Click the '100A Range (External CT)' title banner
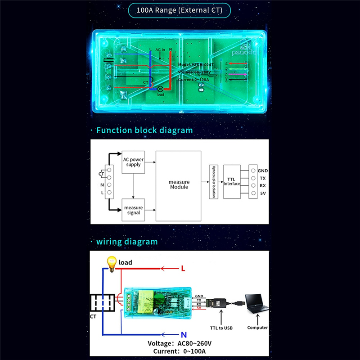pos(180,10)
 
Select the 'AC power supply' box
pos(133,162)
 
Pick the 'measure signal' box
pos(133,210)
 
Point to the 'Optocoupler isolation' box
pos(213,182)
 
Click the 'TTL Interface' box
pos(231,181)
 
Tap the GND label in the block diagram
pos(263,171)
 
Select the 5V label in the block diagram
pos(262,193)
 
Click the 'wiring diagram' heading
pos(127,242)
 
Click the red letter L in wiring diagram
pos(183,269)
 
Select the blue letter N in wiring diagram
pos(184,334)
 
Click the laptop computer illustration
pos(256,306)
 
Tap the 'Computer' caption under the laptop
pos(257,328)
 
